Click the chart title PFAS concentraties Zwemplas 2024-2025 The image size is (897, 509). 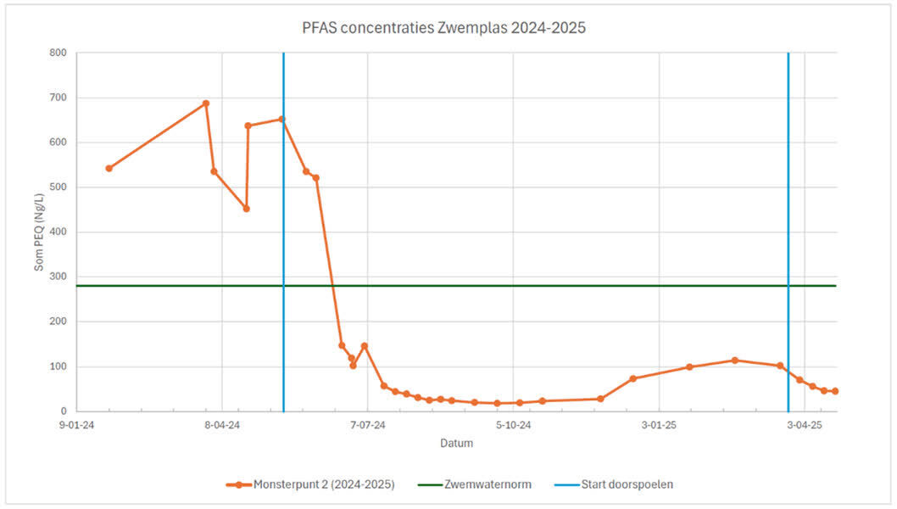443,28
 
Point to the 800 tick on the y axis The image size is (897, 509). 58,53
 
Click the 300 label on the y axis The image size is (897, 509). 58,277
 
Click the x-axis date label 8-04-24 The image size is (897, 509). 221,426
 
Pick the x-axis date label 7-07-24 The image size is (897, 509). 367,426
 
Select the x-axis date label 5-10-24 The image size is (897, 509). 513,426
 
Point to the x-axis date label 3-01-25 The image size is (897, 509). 659,426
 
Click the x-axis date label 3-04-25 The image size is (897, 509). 804,426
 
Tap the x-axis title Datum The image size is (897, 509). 456,444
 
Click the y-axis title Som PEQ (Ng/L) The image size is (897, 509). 39,232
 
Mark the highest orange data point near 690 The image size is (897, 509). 205,103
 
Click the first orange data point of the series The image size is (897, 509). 109,168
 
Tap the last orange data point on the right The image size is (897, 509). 835,391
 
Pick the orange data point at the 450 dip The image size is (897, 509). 246,209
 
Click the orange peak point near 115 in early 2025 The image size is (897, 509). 735,361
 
